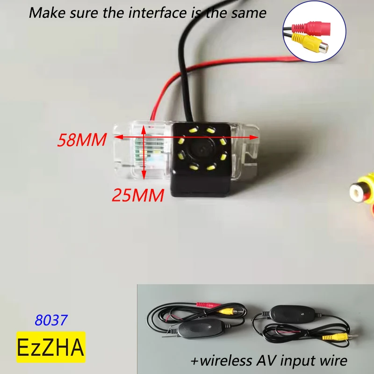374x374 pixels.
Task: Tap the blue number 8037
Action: (51, 320)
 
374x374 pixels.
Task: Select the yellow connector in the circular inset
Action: (314, 43)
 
